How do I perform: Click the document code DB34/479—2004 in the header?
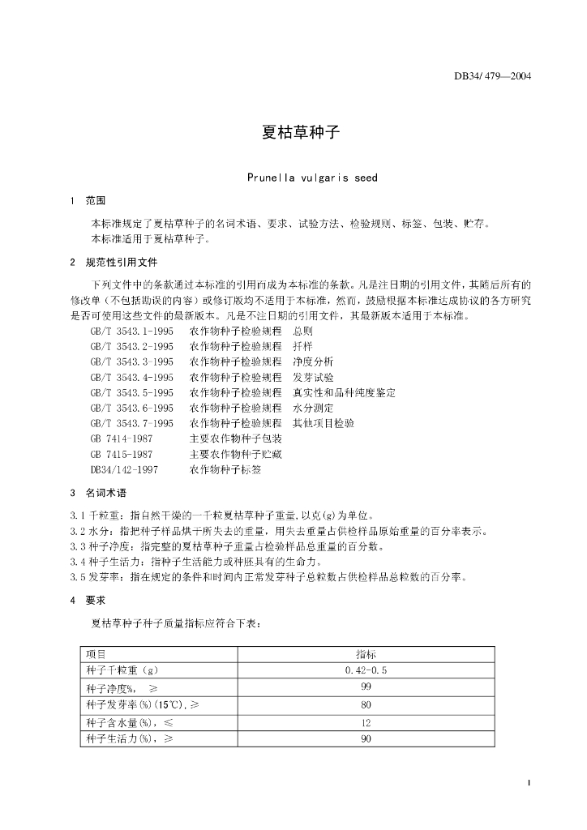click(x=492, y=78)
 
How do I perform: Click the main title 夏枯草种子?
click(x=293, y=133)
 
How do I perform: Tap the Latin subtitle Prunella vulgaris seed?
click(x=311, y=178)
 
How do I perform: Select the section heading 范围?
click(x=95, y=200)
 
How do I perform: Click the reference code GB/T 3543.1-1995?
click(x=131, y=332)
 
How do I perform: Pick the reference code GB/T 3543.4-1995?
click(x=131, y=378)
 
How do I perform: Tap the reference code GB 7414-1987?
click(x=121, y=439)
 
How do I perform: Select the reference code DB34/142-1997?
click(x=124, y=469)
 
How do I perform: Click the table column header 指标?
click(x=366, y=653)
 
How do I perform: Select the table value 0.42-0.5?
click(x=366, y=670)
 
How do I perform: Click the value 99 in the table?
click(x=366, y=687)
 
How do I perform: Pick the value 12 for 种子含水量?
click(x=366, y=722)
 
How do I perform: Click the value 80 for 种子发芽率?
click(x=366, y=705)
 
